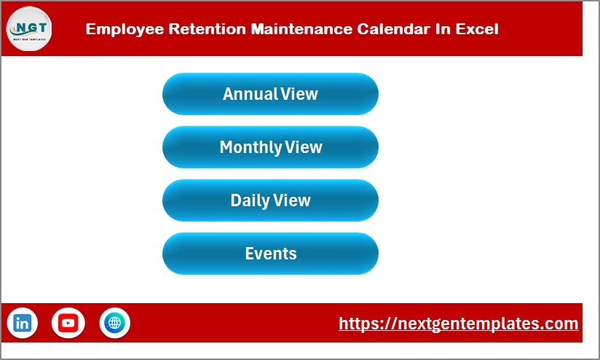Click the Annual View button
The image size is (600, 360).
pyautogui.click(x=270, y=94)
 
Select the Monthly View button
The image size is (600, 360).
pyautogui.click(x=270, y=147)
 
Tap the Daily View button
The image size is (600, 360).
pyautogui.click(x=270, y=200)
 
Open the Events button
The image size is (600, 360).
pyautogui.click(x=270, y=254)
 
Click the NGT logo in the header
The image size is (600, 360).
pyautogui.click(x=29, y=29)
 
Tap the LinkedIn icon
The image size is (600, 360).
pyautogui.click(x=23, y=323)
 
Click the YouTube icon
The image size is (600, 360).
pyautogui.click(x=68, y=323)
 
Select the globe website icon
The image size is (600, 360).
pyautogui.click(x=114, y=323)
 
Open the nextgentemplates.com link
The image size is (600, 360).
pyautogui.click(x=459, y=324)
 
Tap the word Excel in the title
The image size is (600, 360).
pyautogui.click(x=477, y=30)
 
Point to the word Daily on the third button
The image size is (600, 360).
pyautogui.click(x=249, y=200)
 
